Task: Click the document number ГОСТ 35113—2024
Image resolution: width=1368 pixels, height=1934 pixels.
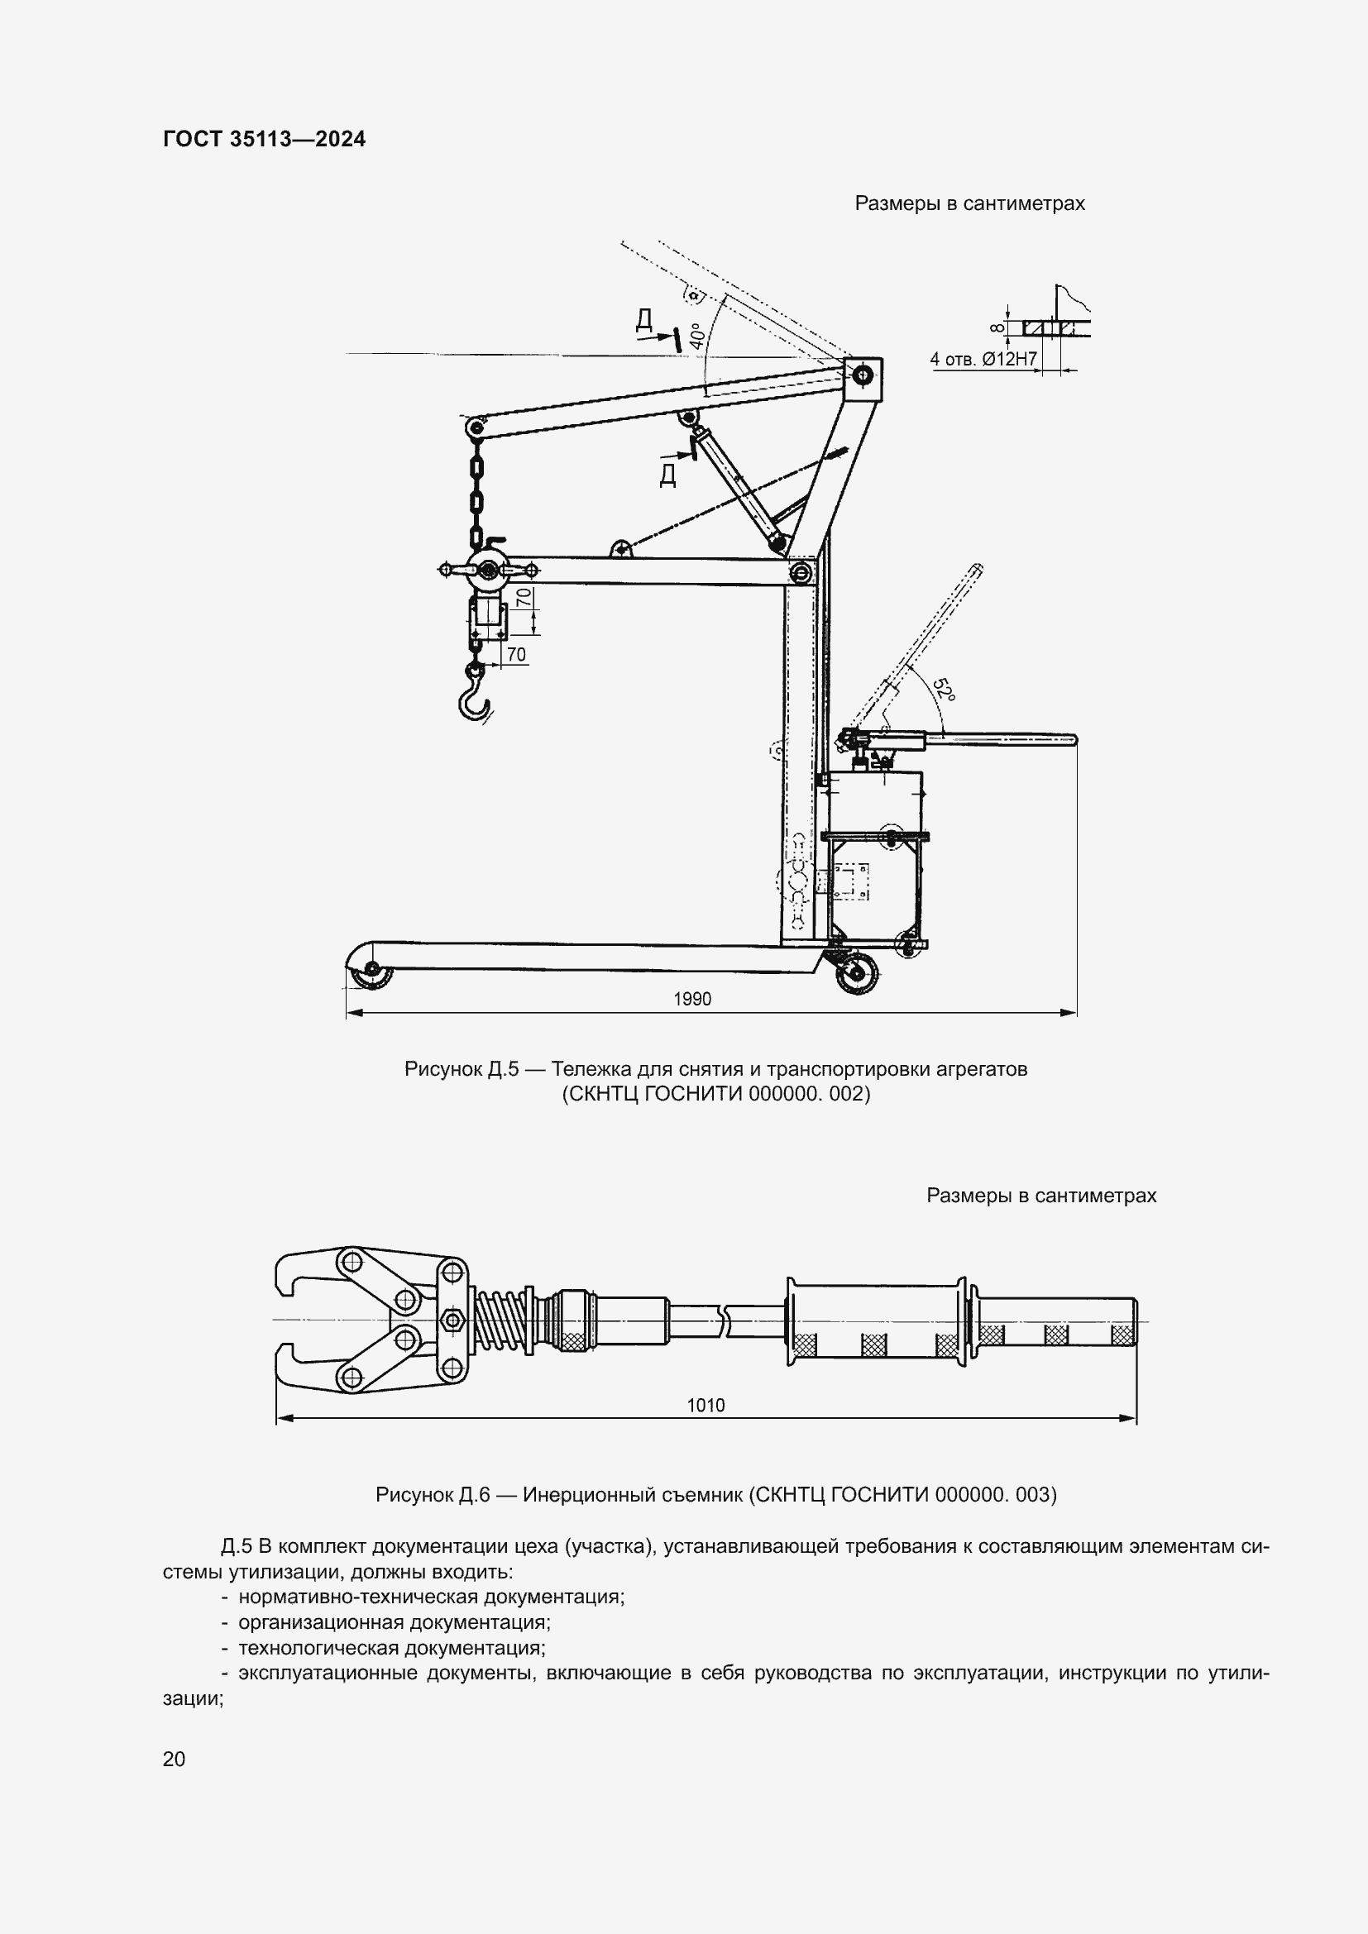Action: tap(265, 140)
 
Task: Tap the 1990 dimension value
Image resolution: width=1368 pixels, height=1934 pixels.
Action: tap(691, 999)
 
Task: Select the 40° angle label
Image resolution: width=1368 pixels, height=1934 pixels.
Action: tap(696, 336)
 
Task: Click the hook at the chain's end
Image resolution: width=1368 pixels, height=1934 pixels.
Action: tap(474, 695)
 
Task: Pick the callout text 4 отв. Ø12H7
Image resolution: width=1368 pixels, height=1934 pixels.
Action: tap(983, 360)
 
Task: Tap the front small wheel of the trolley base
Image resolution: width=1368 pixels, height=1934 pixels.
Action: tap(370, 976)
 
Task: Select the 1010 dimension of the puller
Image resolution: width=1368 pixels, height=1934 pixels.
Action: tap(705, 1405)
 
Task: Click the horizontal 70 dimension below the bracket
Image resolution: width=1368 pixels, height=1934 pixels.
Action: tap(515, 655)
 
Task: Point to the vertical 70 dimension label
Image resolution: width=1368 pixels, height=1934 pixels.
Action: tap(524, 599)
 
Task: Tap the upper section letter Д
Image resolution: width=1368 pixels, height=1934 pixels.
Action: tap(643, 319)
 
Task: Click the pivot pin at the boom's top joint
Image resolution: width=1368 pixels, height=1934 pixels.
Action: tap(862, 375)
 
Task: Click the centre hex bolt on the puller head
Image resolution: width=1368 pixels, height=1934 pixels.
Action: tap(452, 1319)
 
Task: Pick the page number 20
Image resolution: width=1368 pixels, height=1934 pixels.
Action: tap(174, 1759)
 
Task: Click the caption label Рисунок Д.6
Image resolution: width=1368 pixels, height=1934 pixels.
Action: tap(432, 1495)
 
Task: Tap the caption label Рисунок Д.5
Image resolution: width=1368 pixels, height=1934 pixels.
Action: tap(461, 1070)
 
